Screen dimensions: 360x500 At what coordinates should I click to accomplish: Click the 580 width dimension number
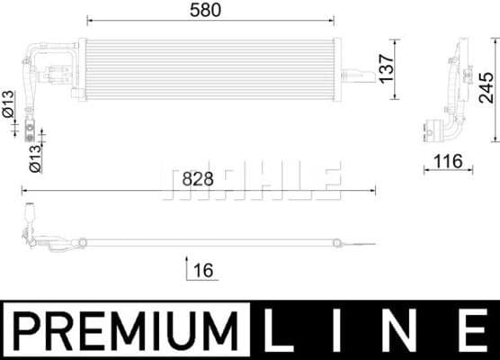209,9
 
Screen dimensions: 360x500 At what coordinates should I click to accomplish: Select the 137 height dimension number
386,67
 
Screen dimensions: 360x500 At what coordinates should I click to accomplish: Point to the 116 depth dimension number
447,162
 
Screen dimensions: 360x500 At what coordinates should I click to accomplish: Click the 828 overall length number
198,178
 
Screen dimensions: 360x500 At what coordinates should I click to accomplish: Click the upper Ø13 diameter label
8,104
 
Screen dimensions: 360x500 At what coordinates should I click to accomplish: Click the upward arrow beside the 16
185,267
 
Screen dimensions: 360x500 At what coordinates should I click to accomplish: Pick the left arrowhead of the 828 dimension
24,191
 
